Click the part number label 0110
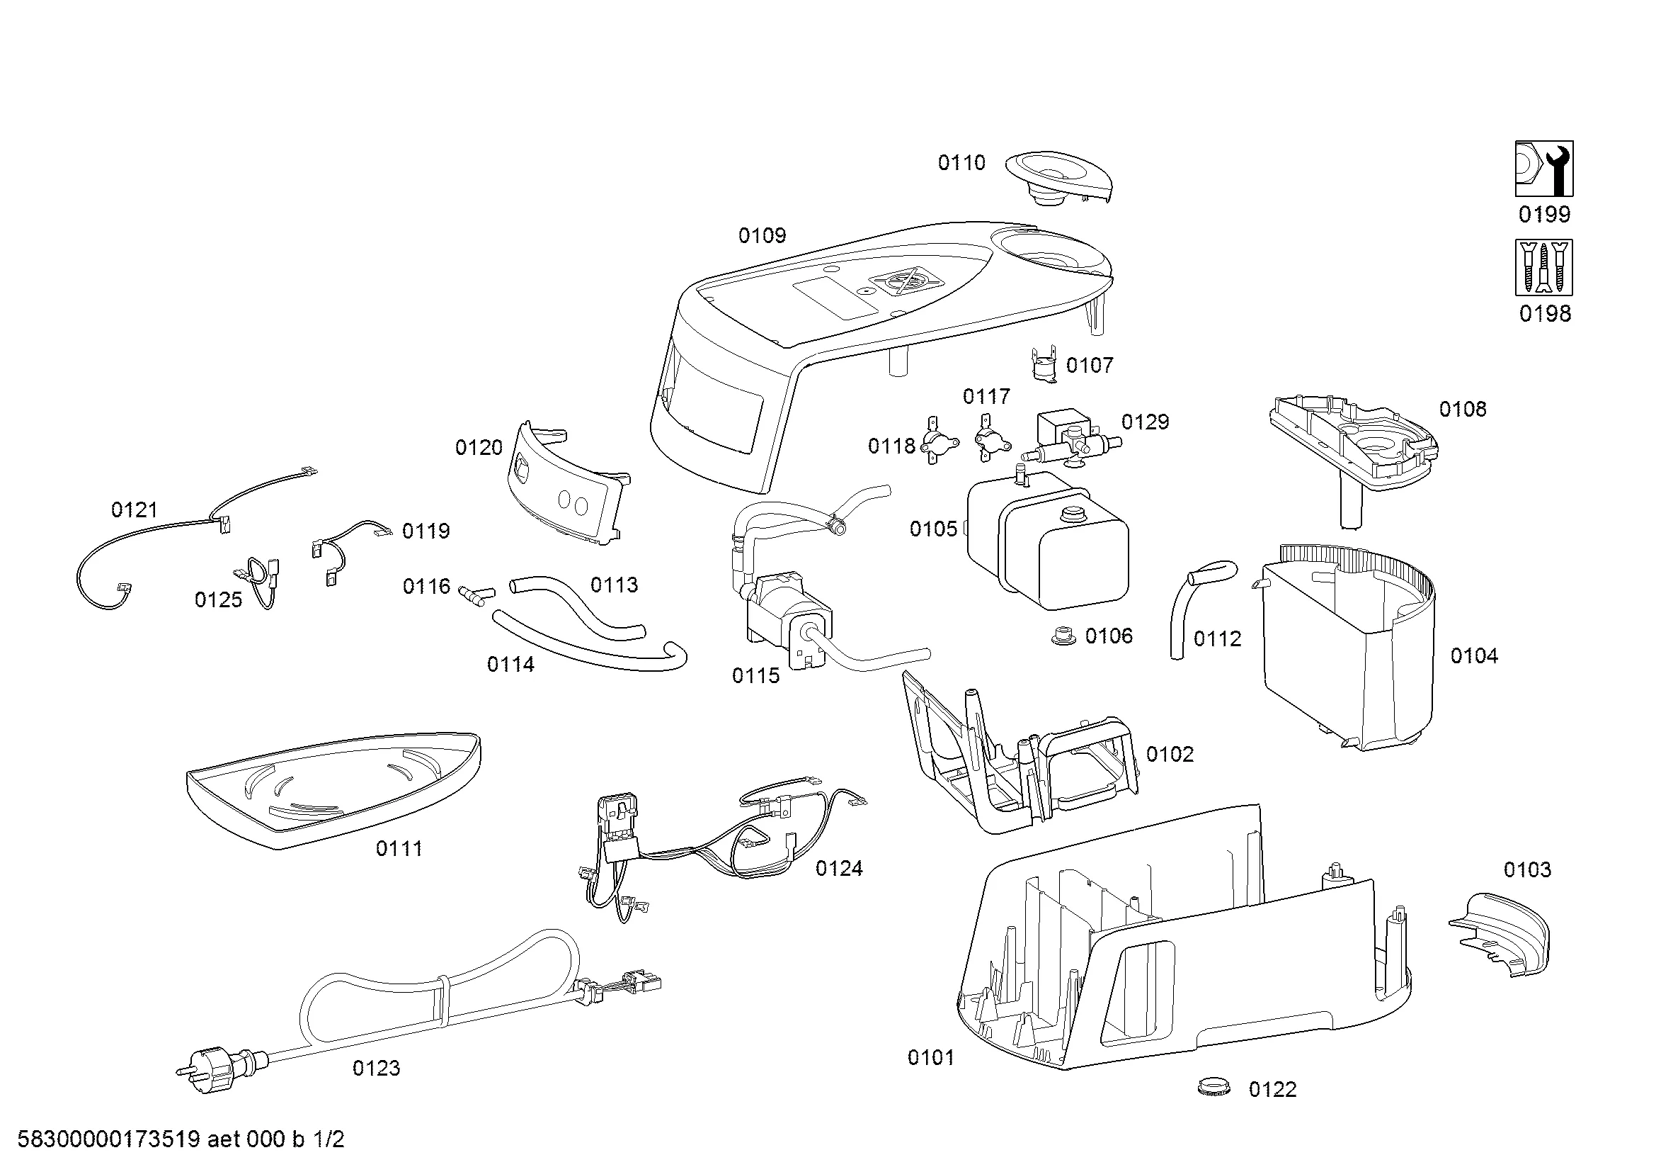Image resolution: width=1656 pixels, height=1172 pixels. click(x=961, y=163)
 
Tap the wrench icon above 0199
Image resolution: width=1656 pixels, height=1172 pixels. click(x=1543, y=169)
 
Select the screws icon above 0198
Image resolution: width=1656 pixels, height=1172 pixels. click(x=1543, y=268)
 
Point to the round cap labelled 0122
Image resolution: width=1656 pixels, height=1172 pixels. click(x=1211, y=1087)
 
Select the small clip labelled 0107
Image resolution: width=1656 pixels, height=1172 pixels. click(x=1041, y=363)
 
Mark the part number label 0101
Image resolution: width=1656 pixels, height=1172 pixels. click(x=930, y=1058)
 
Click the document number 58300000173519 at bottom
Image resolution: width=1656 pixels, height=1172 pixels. click(x=108, y=1140)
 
